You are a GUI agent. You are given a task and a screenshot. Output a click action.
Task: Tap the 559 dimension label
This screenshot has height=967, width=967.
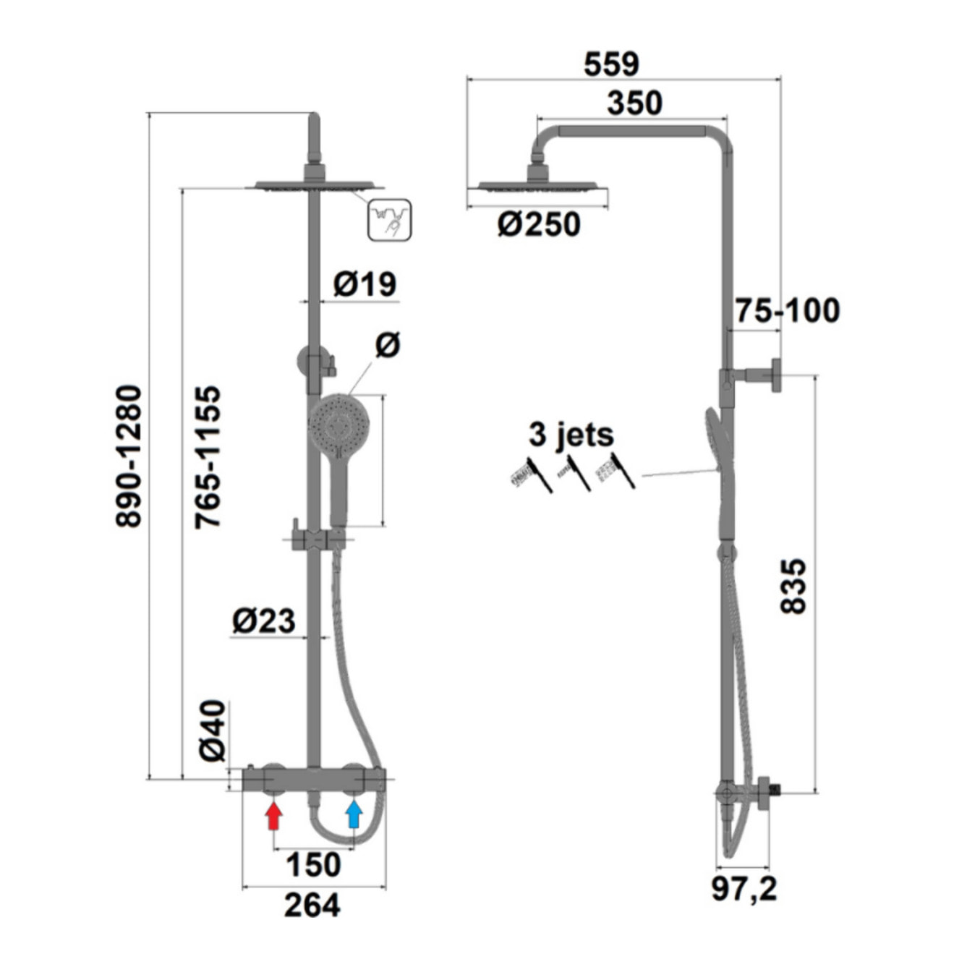[611, 64]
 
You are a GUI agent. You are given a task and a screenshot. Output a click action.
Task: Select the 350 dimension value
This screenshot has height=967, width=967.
[634, 103]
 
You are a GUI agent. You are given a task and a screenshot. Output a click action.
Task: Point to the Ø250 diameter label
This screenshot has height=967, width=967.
[538, 224]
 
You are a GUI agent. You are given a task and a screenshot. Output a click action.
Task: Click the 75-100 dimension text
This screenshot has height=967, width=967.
[788, 310]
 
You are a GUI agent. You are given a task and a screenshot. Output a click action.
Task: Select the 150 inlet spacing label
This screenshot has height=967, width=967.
[314, 864]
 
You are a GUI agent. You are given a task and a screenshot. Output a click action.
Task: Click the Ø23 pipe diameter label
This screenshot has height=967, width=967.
[264, 621]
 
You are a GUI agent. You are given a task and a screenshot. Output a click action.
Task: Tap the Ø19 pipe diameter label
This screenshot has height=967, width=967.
[365, 284]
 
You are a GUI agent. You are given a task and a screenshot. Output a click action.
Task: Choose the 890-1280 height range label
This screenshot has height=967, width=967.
[129, 456]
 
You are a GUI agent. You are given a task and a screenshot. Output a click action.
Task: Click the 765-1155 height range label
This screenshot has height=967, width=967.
[208, 456]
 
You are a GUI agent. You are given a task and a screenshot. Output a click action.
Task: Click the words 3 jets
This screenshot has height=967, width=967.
[571, 434]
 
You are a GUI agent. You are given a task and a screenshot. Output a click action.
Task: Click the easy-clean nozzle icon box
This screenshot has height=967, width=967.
[390, 219]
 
